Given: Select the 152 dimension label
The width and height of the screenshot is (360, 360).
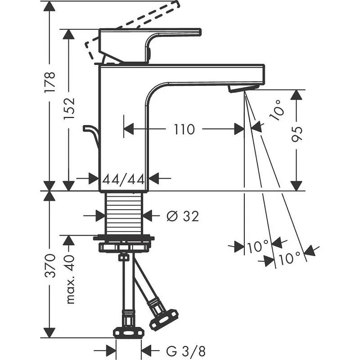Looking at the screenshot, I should tap(69, 108).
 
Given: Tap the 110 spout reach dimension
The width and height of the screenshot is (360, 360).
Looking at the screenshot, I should tap(184, 130).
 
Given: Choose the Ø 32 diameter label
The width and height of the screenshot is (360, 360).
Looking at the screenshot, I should tap(182, 216).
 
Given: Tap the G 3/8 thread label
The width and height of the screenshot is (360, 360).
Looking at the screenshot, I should tap(179, 350).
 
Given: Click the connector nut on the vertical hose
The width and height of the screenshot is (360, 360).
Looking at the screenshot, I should tap(129, 331).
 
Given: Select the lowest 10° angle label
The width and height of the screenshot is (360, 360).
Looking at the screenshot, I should tap(289, 258).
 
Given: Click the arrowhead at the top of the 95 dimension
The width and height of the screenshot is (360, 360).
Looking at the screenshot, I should tap(296, 94).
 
